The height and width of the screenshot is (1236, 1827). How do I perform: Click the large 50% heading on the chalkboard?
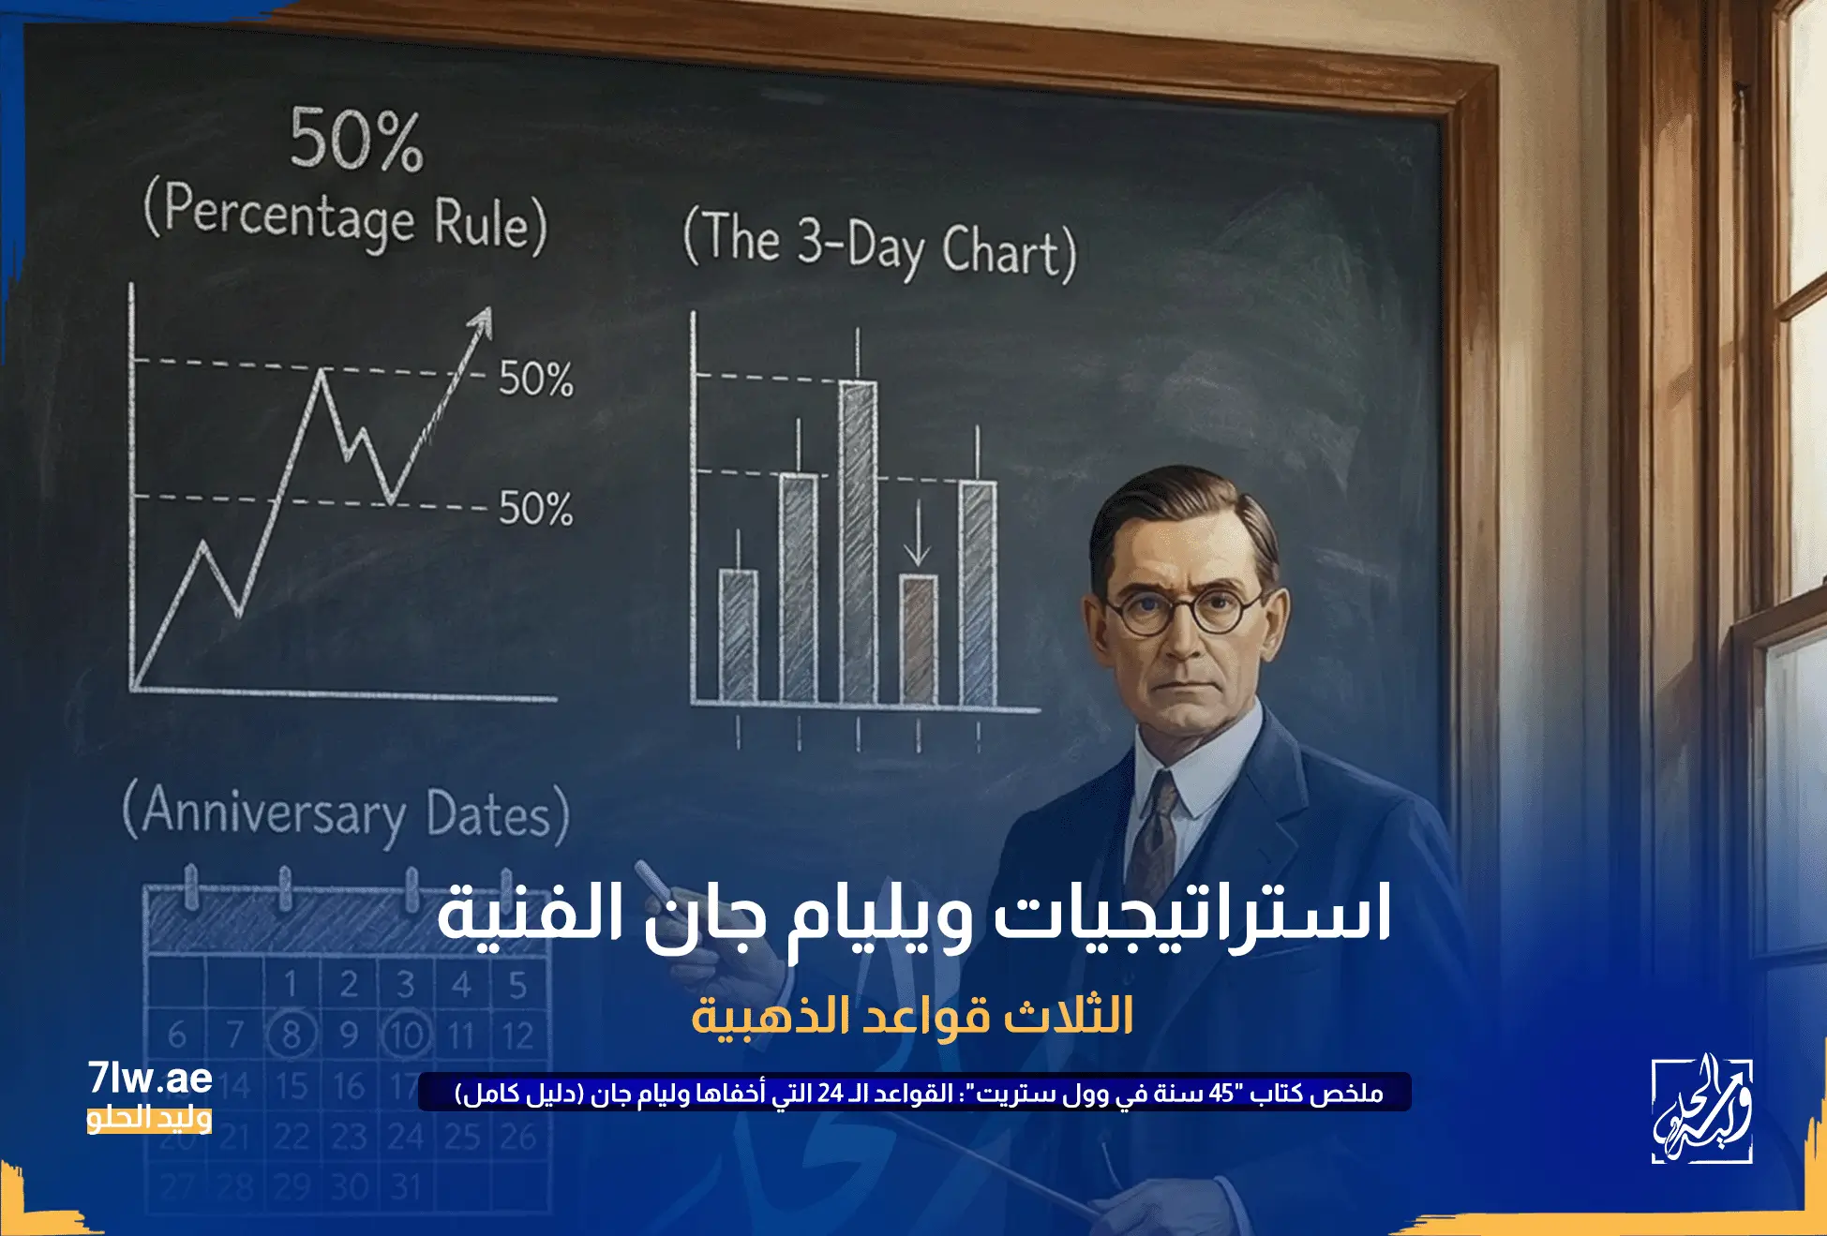(x=356, y=141)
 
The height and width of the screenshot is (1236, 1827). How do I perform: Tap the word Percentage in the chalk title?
(x=289, y=216)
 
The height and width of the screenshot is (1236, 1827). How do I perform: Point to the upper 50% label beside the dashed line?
(x=535, y=380)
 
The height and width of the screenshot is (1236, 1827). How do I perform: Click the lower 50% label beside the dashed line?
(x=535, y=509)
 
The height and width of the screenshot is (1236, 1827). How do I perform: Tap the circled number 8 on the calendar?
(x=292, y=1035)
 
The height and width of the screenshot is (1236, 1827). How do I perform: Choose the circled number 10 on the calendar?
(x=406, y=1035)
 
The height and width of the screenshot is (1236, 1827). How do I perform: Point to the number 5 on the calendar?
(x=517, y=985)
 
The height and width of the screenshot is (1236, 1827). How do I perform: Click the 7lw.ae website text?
(x=150, y=1079)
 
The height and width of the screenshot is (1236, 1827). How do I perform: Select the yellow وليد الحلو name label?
(x=149, y=1118)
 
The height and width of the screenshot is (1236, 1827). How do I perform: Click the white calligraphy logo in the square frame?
(x=1701, y=1111)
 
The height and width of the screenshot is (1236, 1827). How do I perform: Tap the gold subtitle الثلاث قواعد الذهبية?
(x=912, y=1016)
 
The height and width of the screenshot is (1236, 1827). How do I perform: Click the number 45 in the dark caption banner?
(x=1220, y=1094)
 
